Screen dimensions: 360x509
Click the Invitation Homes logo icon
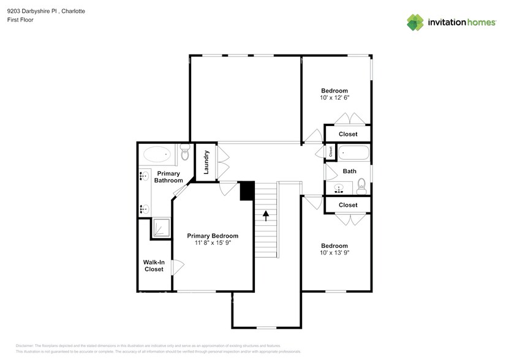(x=416, y=22)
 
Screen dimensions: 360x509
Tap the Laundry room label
(x=206, y=162)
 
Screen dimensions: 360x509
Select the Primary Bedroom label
(x=213, y=236)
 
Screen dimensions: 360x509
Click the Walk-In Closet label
(x=154, y=266)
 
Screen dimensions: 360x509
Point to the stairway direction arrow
(x=266, y=215)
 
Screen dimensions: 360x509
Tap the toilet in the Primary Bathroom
(x=184, y=153)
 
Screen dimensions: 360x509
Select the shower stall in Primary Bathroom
(x=161, y=227)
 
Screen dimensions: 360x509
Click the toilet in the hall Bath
(x=361, y=186)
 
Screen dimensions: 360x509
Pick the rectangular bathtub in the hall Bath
(x=353, y=152)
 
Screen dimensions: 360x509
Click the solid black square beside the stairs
(x=247, y=190)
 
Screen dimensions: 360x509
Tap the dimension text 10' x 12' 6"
(x=334, y=97)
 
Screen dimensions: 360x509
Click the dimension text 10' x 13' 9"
(x=334, y=252)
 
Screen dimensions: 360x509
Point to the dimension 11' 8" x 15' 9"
(x=213, y=242)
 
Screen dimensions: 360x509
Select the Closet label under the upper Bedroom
(x=348, y=134)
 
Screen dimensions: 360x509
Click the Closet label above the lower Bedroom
(x=348, y=205)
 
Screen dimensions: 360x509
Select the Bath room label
(x=349, y=171)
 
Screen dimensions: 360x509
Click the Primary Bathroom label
(x=168, y=177)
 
